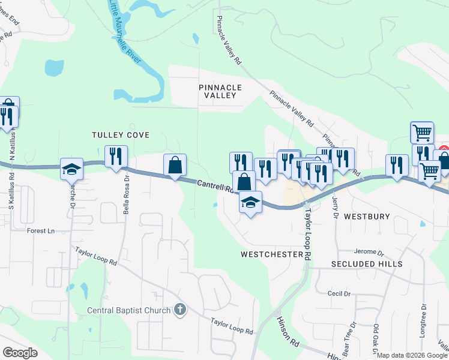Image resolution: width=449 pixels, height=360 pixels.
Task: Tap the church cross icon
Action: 178,310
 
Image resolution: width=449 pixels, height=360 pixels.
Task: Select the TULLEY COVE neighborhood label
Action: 120,135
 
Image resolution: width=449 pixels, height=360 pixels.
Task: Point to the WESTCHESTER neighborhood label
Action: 271,254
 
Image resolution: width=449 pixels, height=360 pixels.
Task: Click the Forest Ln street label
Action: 41,230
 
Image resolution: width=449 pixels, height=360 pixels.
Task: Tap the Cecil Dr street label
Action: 339,293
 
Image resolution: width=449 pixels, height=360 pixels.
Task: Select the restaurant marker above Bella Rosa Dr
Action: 116,157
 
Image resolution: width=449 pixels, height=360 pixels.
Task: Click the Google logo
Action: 20,353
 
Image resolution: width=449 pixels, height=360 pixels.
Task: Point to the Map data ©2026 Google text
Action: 412,355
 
